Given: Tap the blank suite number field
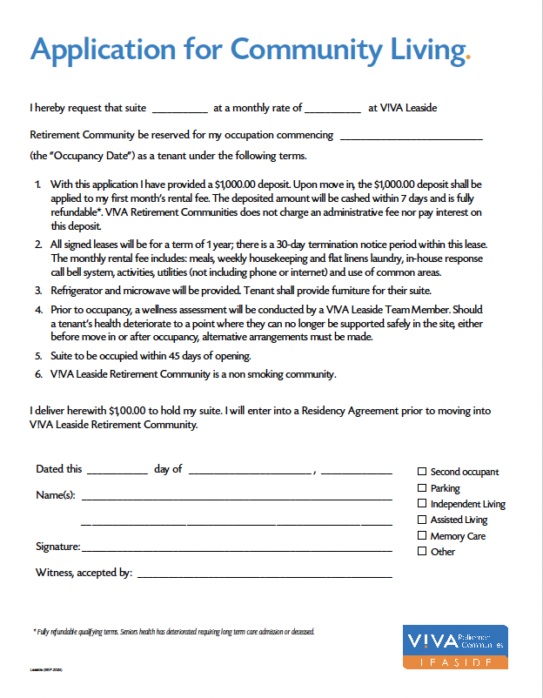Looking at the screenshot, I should coord(180,110).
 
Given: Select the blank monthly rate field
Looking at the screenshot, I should coord(332,110).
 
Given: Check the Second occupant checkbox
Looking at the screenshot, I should coord(423,472).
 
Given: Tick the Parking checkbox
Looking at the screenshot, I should coord(423,488).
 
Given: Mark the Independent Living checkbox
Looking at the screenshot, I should coord(423,504).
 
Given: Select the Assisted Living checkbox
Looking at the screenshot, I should coord(423,520).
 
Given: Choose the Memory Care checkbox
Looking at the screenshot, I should coord(423,535).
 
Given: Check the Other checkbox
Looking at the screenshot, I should coord(423,551).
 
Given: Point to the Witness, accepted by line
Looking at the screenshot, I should coord(265,574).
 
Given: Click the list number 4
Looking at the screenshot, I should coord(38,310).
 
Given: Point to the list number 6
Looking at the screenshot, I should coord(38,375).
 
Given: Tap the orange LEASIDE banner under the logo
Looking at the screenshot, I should coord(456,662).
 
